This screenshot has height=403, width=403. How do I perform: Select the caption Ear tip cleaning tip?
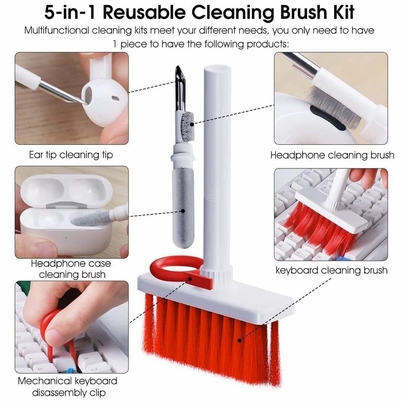(71, 155)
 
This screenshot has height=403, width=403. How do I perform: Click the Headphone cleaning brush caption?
(332, 155)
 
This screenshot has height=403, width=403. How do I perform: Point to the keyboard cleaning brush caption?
(331, 270)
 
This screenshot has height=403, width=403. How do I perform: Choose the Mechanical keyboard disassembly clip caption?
(67, 386)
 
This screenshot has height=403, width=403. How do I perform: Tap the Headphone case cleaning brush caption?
(71, 269)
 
